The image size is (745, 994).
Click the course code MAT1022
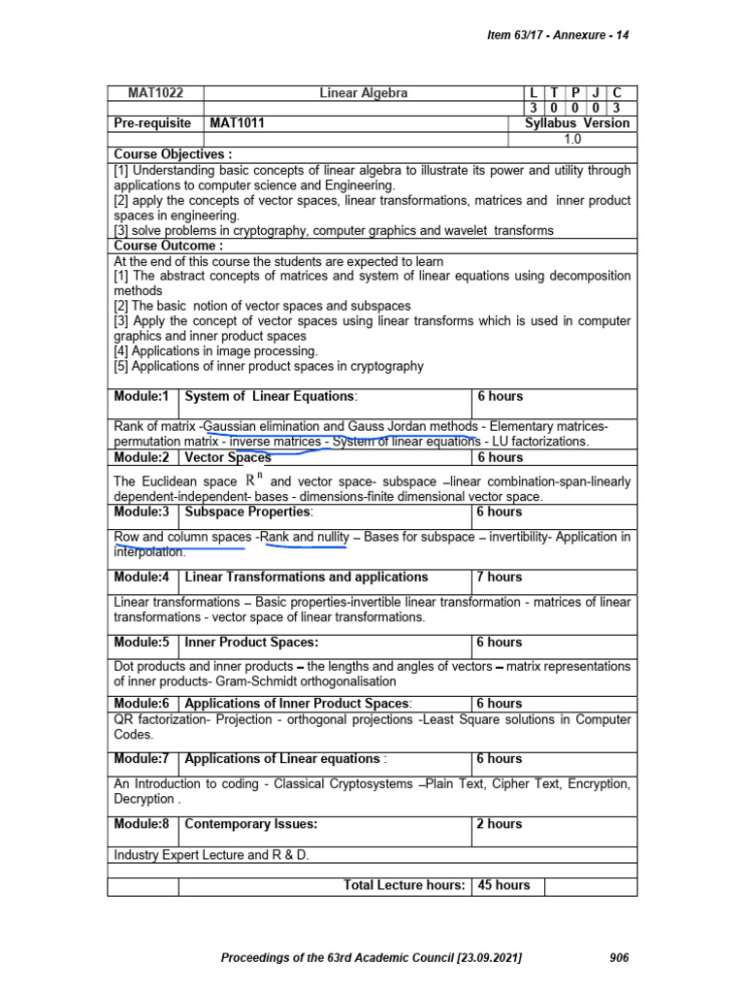(155, 93)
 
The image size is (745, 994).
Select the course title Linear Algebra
(364, 93)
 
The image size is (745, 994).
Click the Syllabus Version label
(576, 123)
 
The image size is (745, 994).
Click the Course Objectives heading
(173, 154)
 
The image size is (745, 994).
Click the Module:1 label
(142, 396)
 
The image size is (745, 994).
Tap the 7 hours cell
(500, 577)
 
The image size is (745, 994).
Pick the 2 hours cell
(500, 824)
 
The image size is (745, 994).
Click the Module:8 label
(142, 824)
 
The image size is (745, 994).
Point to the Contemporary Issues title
(251, 824)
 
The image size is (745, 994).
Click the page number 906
(619, 958)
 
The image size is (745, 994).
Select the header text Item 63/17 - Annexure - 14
(557, 36)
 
